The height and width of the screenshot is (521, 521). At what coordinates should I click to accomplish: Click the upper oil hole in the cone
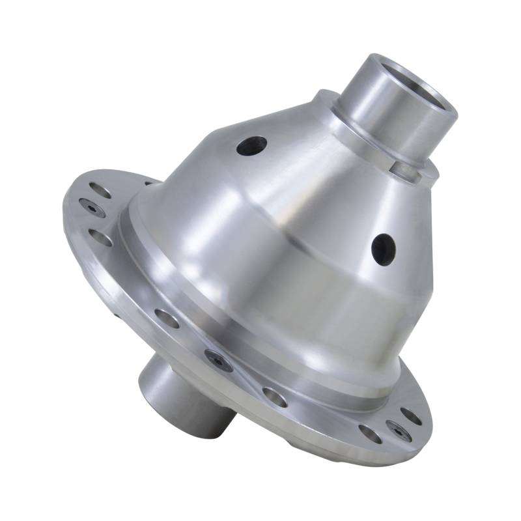tap(251, 145)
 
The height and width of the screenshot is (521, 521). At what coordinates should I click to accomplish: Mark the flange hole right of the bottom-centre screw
tap(274, 397)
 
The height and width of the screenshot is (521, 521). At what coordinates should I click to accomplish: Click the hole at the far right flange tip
tap(410, 414)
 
